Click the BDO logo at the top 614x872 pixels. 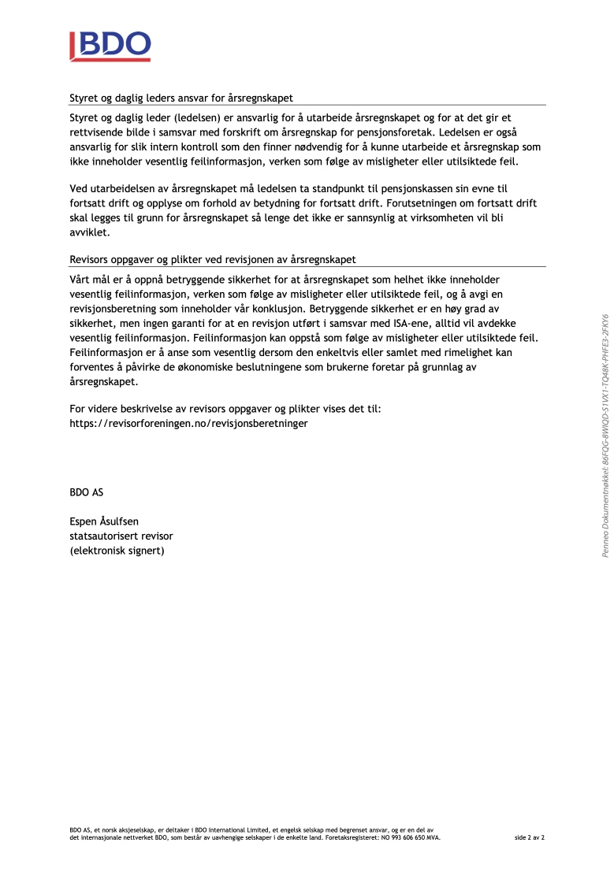click(110, 46)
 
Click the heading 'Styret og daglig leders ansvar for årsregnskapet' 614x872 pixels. click(181, 98)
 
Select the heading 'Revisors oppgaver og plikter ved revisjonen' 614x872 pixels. click(213, 259)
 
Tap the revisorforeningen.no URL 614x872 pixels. click(188, 423)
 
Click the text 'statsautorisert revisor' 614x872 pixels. click(121, 536)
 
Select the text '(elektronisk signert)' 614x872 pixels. click(117, 551)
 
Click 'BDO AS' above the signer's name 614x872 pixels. click(86, 492)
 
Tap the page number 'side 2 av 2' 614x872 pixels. click(530, 837)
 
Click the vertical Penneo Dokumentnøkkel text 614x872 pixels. click(605, 436)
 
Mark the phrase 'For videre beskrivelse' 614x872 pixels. click(123, 408)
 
